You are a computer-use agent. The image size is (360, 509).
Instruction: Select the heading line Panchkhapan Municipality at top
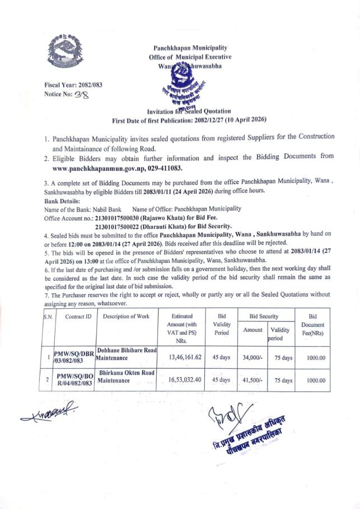pyautogui.click(x=190, y=48)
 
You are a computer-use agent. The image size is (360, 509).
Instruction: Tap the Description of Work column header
pyautogui.click(x=127, y=316)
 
